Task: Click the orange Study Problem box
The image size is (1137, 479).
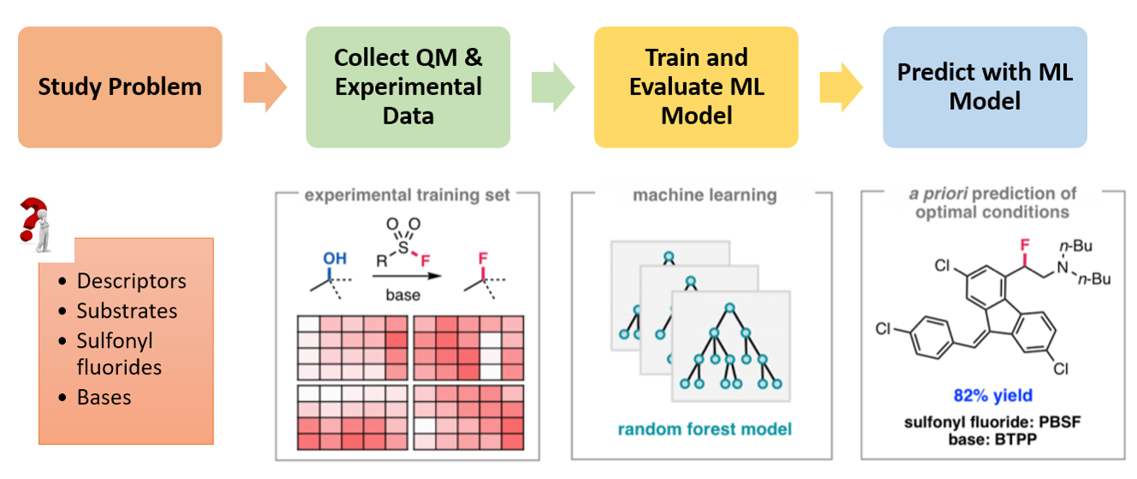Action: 120,87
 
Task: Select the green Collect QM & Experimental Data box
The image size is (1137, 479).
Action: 408,87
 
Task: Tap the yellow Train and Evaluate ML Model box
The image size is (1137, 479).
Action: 696,87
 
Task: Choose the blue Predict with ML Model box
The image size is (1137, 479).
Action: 985,87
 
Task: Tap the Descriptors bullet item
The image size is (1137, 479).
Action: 131,281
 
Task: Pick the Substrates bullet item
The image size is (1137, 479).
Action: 127,310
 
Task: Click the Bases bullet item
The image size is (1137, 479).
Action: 104,397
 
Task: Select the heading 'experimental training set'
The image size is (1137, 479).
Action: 408,195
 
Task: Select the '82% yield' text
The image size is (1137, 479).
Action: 993,395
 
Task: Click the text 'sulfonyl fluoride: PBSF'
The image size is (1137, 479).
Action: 994,422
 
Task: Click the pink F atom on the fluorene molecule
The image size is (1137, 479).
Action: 1022,248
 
